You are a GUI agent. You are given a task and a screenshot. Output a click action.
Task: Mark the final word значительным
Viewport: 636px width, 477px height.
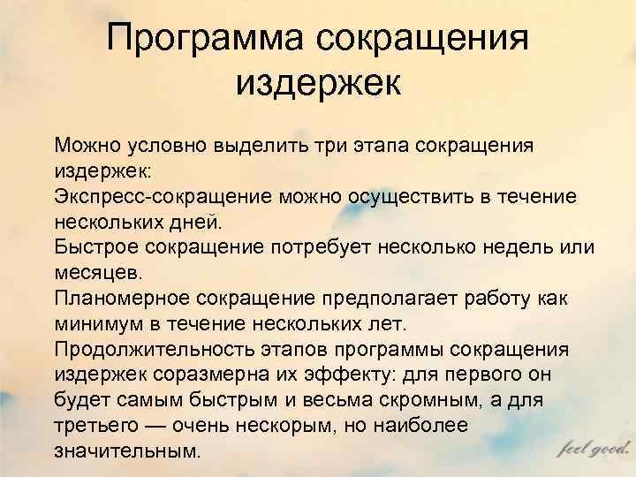tap(127, 450)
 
